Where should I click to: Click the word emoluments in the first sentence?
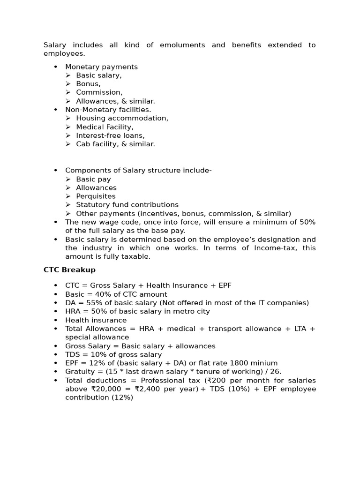click(x=182, y=45)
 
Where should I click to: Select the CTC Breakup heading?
click(x=69, y=270)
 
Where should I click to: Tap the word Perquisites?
click(x=96, y=196)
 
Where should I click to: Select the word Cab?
click(x=82, y=144)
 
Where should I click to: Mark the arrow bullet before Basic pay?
click(x=68, y=179)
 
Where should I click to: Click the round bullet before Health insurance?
click(x=55, y=320)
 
